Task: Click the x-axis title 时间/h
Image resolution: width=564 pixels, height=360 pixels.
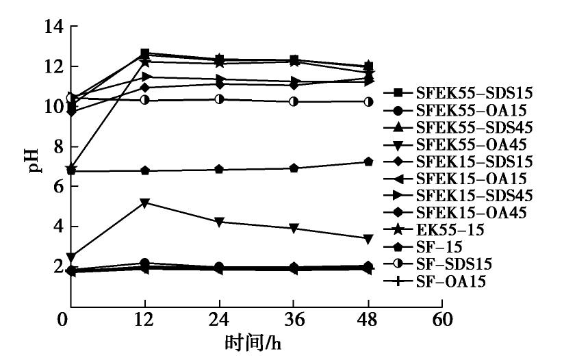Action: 253,342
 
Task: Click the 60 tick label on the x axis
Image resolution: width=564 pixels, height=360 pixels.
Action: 443,320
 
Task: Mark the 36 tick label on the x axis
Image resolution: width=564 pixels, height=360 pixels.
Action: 294,320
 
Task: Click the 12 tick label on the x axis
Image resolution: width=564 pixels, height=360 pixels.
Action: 145,320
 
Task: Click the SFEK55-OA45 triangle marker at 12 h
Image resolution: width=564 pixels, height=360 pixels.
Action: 145,203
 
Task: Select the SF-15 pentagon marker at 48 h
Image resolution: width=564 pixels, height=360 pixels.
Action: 368,162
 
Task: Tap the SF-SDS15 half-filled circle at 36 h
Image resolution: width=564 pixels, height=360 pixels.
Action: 294,101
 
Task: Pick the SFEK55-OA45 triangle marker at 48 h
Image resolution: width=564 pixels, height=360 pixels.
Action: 368,238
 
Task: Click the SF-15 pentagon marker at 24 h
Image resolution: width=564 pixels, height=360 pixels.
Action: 219,169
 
